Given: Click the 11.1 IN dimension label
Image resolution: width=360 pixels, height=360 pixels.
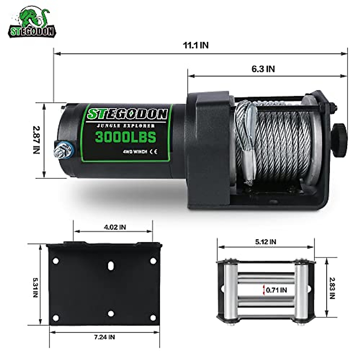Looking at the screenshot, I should pos(196,45).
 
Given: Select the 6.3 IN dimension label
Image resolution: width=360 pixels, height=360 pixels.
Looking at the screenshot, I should pos(263,69).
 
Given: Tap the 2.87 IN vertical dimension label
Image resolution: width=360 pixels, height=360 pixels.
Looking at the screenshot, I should pos(36,140).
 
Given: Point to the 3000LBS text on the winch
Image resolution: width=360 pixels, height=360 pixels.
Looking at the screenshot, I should pos(126,137).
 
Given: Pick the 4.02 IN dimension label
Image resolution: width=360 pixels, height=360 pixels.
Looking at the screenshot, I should pos(115,227).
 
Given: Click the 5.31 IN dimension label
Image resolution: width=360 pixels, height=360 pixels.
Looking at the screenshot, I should pos(36,287).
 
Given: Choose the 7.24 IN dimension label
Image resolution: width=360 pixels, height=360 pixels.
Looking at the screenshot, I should pos(104,337).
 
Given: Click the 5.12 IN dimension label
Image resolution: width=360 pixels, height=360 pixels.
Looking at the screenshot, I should pos(266,241).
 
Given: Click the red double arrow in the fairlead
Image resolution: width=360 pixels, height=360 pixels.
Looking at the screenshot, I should pos(264,290).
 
